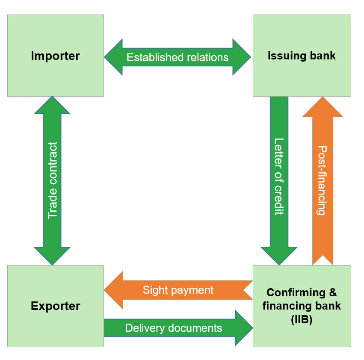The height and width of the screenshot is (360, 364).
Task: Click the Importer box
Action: coord(56,56)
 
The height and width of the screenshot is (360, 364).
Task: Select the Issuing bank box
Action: coord(302,56)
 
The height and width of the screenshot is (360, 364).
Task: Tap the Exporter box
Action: coord(56,306)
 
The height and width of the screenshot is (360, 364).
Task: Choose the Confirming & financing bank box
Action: coord(302,306)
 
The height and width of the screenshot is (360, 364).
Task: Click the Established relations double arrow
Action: coord(178,57)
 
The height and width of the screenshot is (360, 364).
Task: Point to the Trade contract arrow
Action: coord(52,180)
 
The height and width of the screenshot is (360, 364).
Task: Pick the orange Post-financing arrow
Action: coord(323,180)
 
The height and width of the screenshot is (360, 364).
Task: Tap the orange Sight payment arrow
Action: coord(178,290)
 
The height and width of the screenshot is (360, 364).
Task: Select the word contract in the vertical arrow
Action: coord(53,161)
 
